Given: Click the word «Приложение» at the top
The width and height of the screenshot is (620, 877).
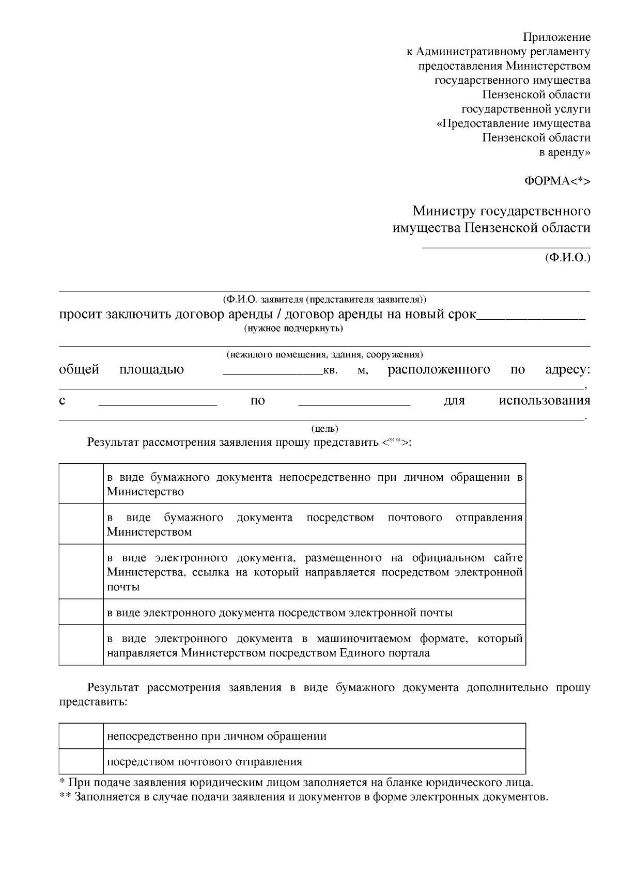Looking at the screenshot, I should click(x=556, y=37).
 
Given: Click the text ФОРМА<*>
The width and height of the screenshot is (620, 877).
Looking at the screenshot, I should click(x=557, y=181).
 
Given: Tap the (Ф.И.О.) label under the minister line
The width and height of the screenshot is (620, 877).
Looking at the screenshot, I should click(x=567, y=257).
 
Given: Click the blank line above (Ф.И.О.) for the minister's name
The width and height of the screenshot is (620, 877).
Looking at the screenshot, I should click(x=506, y=247).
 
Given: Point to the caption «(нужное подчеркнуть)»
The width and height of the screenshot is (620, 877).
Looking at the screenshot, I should click(x=293, y=328).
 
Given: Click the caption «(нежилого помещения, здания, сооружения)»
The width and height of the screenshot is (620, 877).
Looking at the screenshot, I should click(x=324, y=355).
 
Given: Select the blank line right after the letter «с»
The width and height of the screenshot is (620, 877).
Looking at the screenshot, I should click(x=158, y=405).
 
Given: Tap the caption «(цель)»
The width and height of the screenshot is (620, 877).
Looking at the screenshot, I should click(x=324, y=429).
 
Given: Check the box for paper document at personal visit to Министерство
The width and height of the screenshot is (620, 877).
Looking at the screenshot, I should click(x=81, y=484).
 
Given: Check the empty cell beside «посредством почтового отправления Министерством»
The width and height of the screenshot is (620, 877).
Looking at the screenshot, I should click(x=81, y=524).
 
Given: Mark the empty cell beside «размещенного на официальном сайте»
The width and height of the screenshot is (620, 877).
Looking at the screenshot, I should click(x=81, y=572).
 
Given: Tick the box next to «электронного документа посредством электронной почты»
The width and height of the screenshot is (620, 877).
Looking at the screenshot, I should click(x=81, y=612).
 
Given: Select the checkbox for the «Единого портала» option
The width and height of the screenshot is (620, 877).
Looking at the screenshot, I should click(x=81, y=645).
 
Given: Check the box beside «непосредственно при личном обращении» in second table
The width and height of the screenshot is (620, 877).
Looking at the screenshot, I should click(x=81, y=736).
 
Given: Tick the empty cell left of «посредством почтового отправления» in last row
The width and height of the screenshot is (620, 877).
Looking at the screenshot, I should click(x=81, y=761).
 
